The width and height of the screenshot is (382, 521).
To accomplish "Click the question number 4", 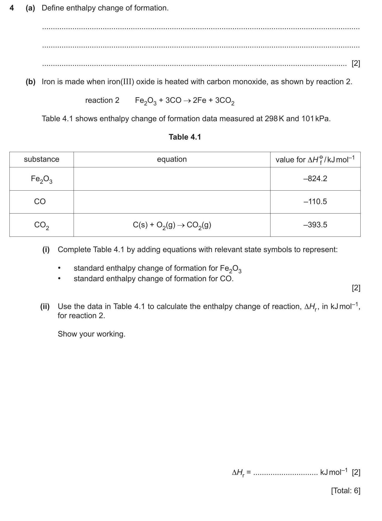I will point(12,8).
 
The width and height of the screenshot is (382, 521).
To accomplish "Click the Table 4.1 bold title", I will point(185,137).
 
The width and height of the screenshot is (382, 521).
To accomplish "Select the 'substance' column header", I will point(42,159).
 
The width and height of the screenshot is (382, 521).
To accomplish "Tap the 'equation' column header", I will point(172,159).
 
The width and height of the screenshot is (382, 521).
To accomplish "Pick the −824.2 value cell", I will point(315,179).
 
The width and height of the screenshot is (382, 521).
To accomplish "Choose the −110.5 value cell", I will point(315,202).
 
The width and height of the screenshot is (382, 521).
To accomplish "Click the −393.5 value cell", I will point(315,225).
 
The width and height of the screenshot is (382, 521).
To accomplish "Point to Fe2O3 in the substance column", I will point(42,179).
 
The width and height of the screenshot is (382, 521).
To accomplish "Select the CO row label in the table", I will point(40,202).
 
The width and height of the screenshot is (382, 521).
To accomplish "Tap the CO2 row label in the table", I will point(42,225).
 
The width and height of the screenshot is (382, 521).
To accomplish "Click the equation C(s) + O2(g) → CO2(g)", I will point(172,225).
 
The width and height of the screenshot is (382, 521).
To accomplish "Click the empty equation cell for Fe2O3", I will point(172,179).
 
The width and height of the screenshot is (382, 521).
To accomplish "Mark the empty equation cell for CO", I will point(172,202).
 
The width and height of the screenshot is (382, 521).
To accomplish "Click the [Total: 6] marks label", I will point(346,491).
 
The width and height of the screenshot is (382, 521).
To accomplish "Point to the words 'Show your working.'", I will point(91,334).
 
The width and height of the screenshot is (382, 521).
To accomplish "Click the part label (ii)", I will point(45,306).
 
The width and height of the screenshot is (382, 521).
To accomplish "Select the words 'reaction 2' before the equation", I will point(102,100).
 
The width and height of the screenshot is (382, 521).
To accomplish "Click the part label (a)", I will point(30,8).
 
